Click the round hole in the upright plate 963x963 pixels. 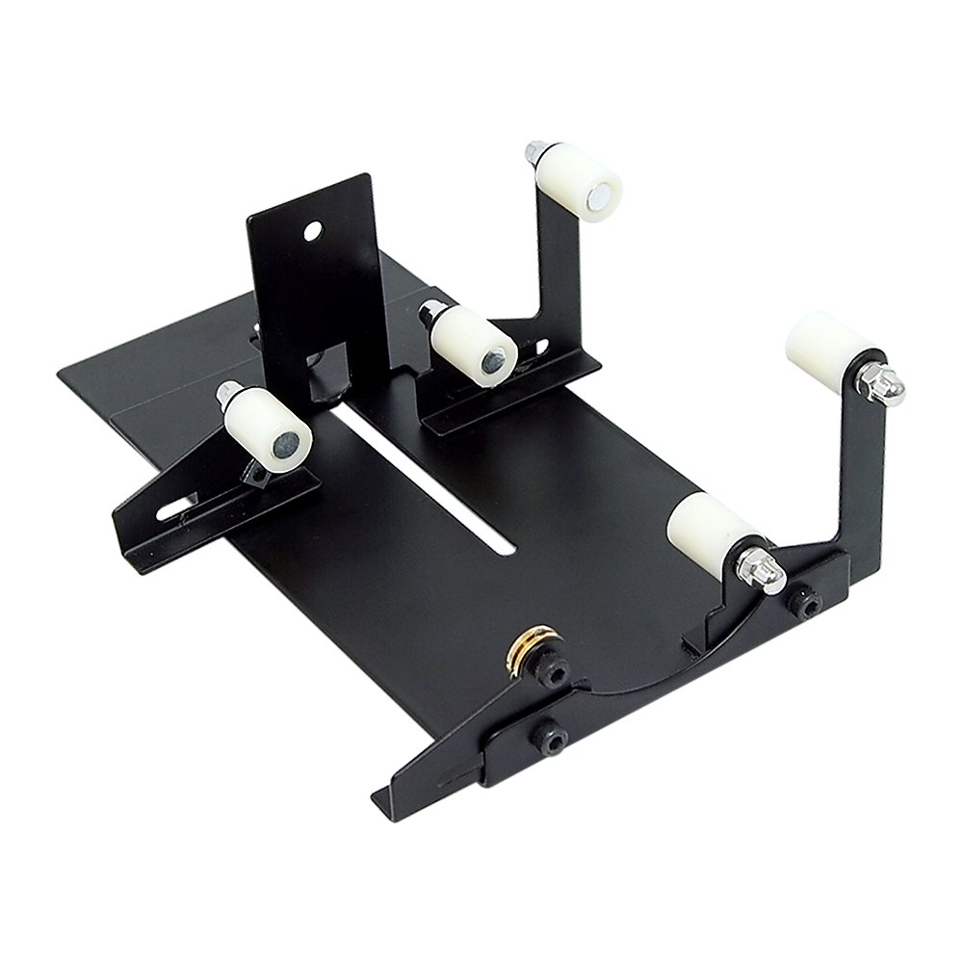311,231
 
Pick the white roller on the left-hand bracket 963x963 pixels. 268,428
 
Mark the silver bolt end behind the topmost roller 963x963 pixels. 533,151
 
